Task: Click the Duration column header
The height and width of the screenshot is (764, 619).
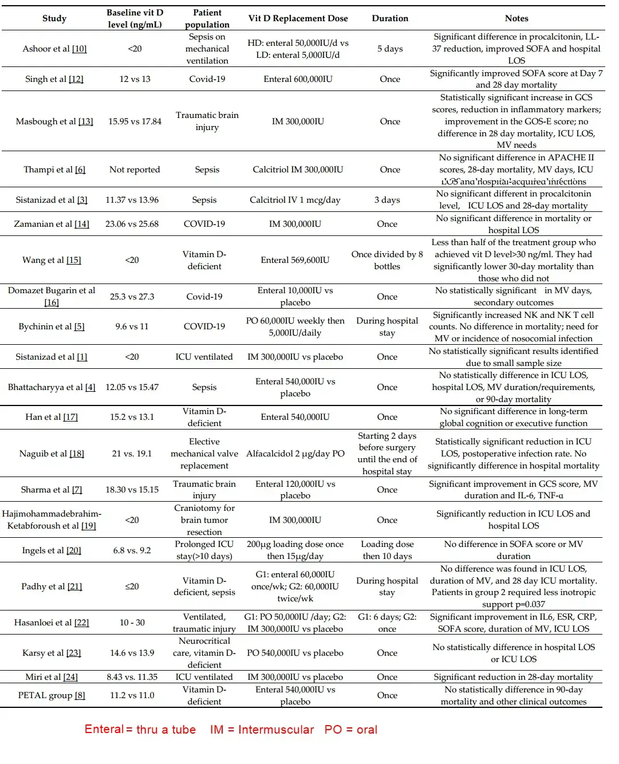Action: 390,18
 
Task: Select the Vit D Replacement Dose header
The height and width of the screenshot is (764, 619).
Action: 298,18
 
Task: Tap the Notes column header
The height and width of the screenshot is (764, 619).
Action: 517,18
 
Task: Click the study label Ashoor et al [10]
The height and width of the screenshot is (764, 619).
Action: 54,49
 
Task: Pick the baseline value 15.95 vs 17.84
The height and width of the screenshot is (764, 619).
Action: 135,121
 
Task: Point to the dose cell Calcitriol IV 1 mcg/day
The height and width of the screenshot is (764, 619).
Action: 295,200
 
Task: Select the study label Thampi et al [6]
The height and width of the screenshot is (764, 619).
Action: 54,170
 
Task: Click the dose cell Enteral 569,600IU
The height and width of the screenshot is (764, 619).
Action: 295,260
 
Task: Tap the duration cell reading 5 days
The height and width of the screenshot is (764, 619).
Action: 390,49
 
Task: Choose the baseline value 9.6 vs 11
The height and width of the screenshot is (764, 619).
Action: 132,326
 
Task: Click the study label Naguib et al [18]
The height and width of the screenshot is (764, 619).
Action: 52,454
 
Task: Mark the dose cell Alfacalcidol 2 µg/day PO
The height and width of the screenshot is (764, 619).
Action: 295,454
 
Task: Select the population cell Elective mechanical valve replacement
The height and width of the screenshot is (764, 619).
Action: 204,454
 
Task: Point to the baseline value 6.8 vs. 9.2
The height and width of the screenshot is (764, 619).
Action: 132,550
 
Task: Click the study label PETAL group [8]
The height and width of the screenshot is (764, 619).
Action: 52,695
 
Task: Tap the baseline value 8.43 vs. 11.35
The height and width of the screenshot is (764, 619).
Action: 132,677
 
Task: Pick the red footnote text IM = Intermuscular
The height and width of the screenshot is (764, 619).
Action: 262,730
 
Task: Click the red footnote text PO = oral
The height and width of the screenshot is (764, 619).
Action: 350,730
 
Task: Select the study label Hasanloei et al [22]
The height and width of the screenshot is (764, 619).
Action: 52,623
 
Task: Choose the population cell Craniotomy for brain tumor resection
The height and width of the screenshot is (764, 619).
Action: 204,520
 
